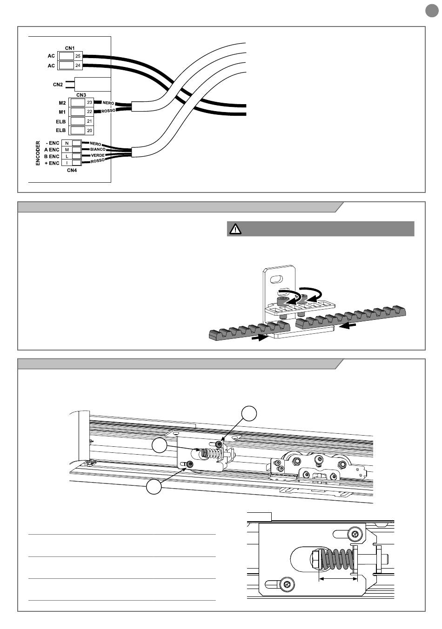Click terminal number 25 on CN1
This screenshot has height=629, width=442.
pyautogui.click(x=78, y=56)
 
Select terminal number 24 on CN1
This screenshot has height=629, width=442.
pyautogui.click(x=78, y=66)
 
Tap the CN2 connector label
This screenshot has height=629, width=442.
pyautogui.click(x=58, y=85)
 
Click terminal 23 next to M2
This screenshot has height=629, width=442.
pyautogui.click(x=89, y=102)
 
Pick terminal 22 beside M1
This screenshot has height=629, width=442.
pyautogui.click(x=89, y=112)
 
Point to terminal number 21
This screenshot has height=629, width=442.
pyautogui.click(x=89, y=121)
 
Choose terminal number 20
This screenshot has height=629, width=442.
pyautogui.click(x=89, y=130)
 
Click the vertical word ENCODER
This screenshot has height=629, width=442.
pyautogui.click(x=38, y=153)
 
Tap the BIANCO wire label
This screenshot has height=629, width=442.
pyautogui.click(x=98, y=149)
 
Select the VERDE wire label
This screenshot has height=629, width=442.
pyautogui.click(x=98, y=155)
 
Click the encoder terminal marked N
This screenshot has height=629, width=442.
pyautogui.click(x=67, y=143)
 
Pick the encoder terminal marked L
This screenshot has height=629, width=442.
pyautogui.click(x=67, y=156)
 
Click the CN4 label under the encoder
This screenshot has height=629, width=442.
pyautogui.click(x=72, y=170)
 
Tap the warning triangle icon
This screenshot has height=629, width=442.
pyautogui.click(x=235, y=229)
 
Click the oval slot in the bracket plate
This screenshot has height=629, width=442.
pyautogui.click(x=276, y=279)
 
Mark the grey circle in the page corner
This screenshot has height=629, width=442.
pyautogui.click(x=432, y=11)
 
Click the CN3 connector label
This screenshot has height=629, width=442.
pyautogui.click(x=81, y=95)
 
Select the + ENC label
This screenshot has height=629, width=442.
pyautogui.click(x=52, y=163)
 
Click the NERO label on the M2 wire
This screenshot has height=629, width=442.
pyautogui.click(x=108, y=103)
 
